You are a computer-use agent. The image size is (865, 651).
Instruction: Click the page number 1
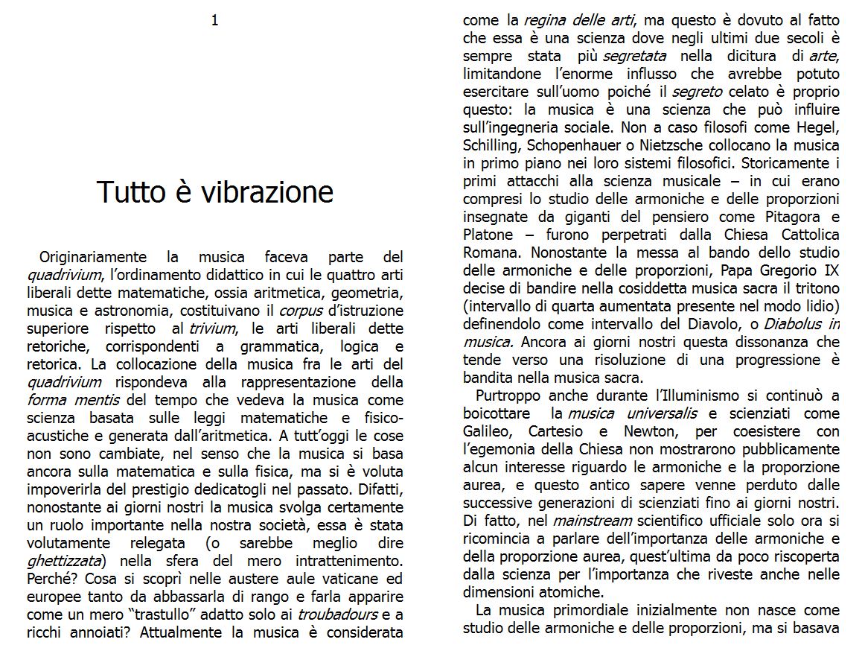pyautogui.click(x=215, y=21)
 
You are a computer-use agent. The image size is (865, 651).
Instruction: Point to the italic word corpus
pyautogui.click(x=300, y=311)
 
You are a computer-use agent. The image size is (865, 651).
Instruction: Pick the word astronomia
pyautogui.click(x=118, y=311)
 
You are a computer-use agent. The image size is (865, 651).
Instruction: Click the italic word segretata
pyautogui.click(x=634, y=56)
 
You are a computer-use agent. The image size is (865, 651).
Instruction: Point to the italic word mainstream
pyautogui.click(x=592, y=521)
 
